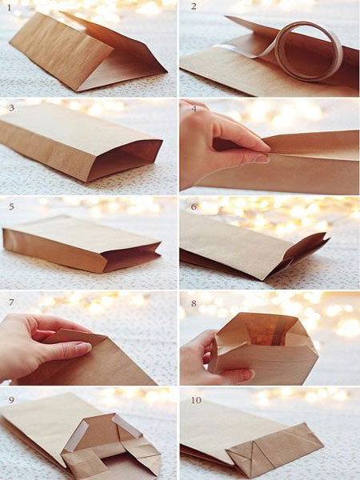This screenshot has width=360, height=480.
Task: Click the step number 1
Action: click(x=10, y=7)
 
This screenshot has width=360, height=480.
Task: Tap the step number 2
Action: click(x=194, y=7)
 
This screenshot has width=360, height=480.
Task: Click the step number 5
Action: click(x=10, y=206)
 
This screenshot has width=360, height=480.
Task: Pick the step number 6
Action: click(x=194, y=206)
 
